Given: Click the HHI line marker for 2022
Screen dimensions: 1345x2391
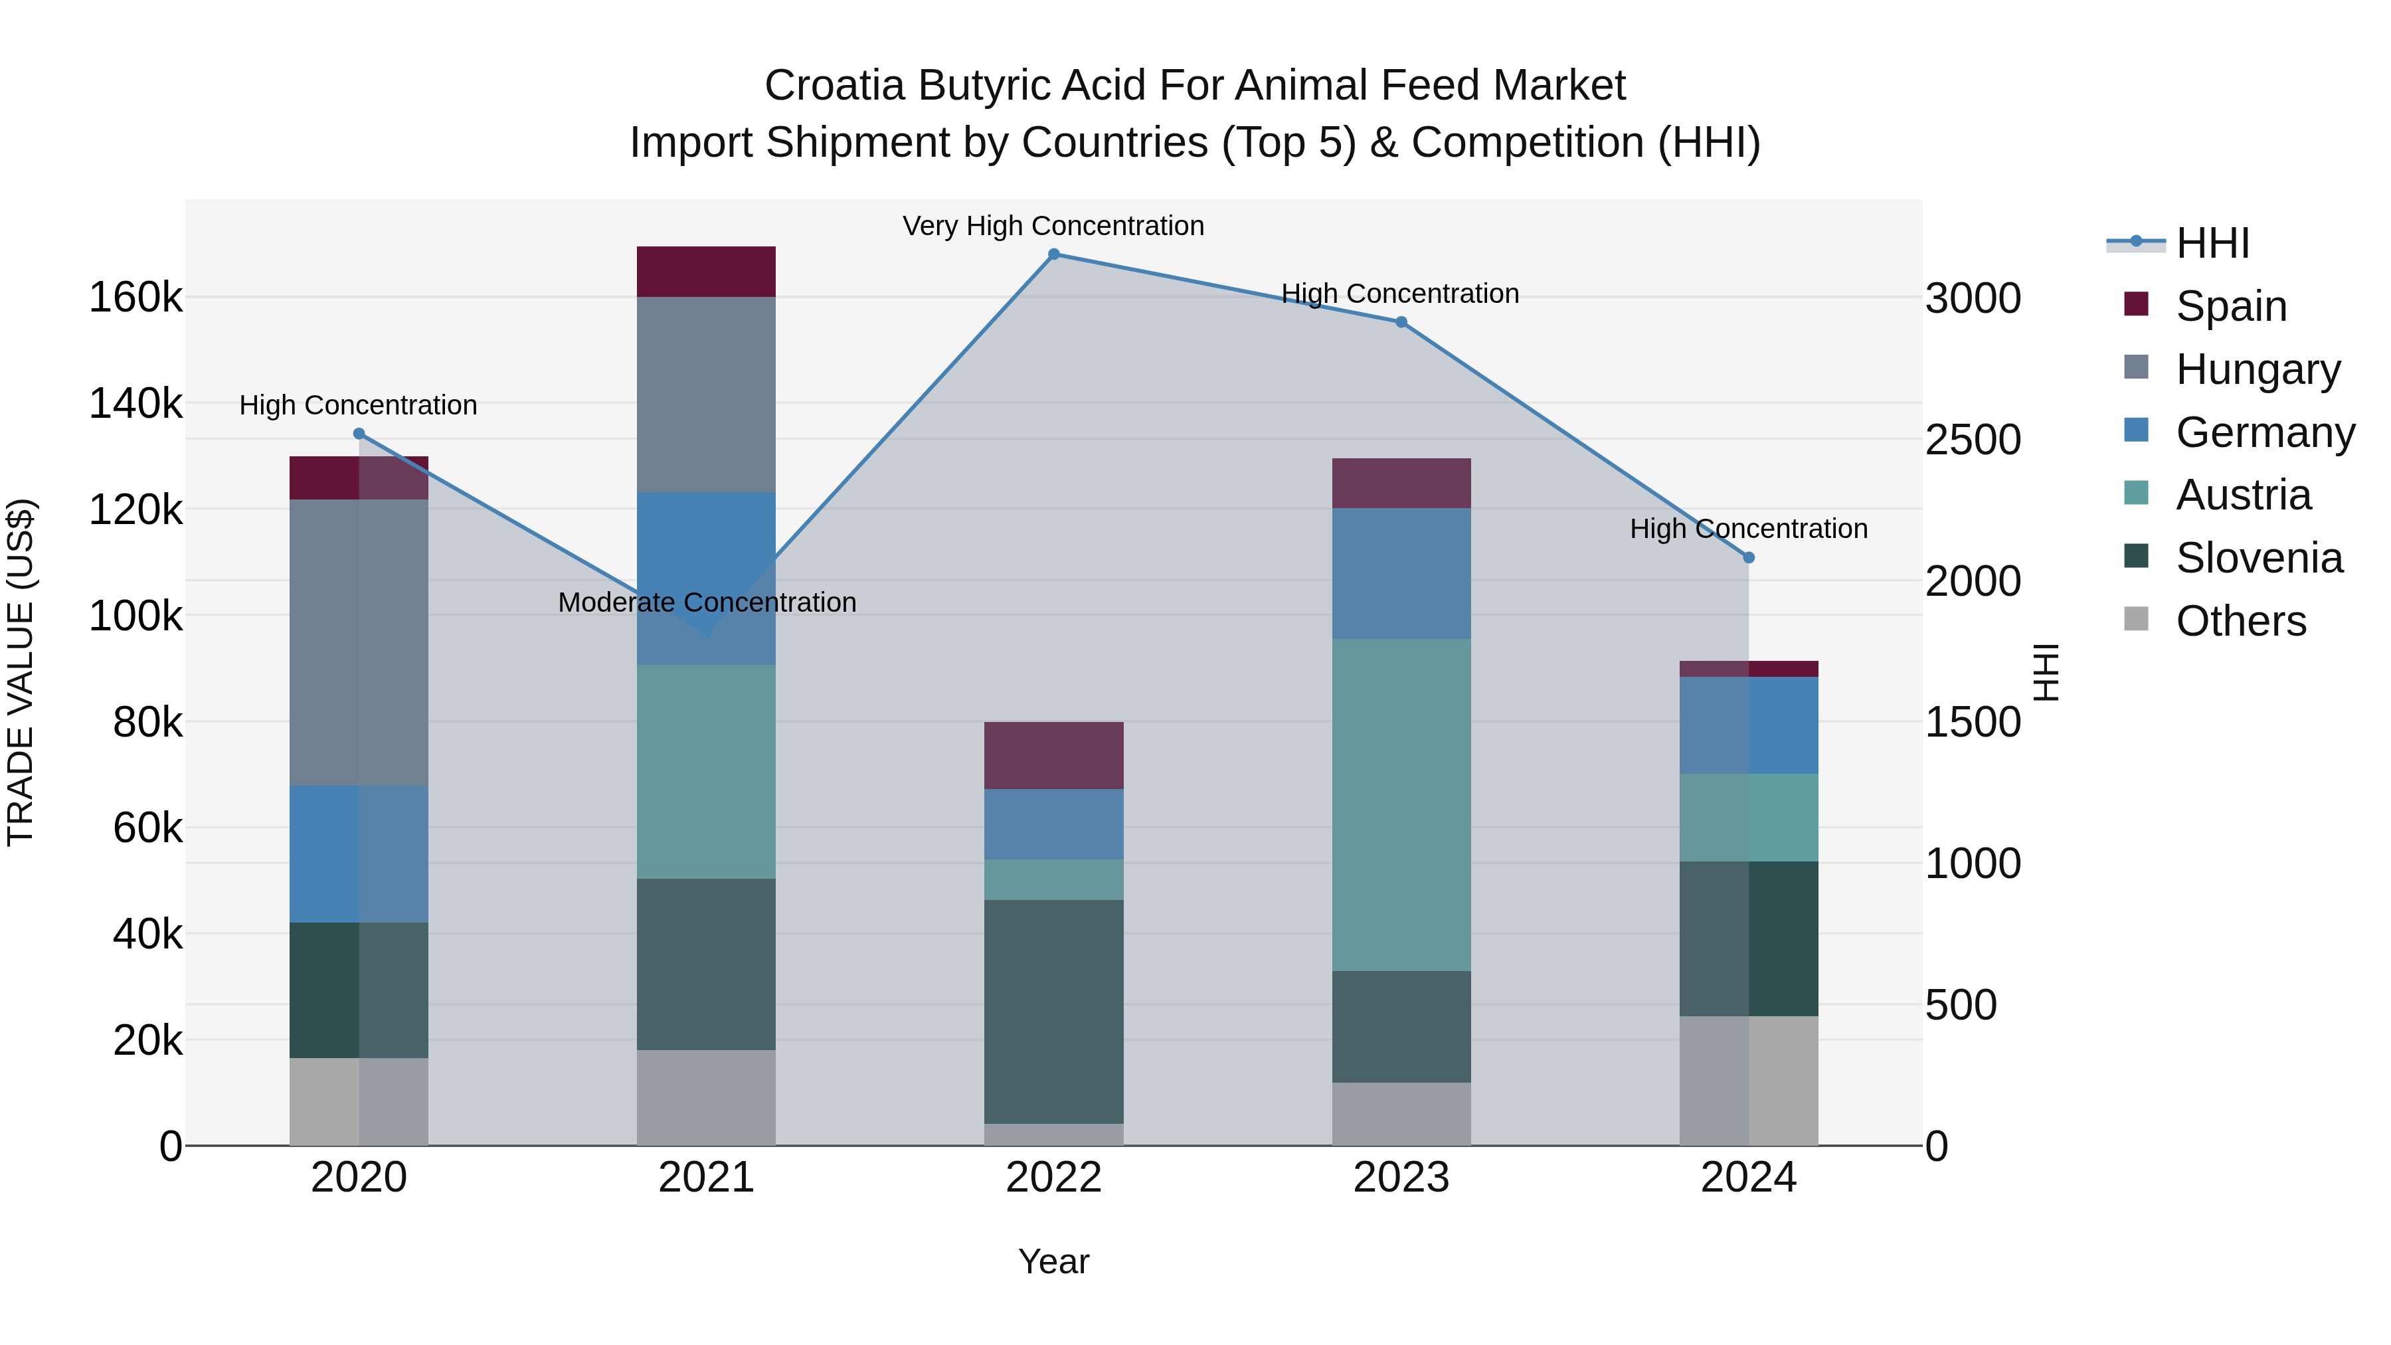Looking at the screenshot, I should (1053, 254).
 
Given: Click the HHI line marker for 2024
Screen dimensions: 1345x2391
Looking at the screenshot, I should (1749, 558).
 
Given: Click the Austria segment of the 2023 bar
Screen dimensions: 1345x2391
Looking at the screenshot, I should (1401, 805).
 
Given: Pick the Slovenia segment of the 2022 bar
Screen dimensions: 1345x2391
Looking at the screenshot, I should (1053, 1012).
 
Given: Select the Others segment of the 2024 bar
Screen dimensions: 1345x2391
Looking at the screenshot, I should (1749, 1081).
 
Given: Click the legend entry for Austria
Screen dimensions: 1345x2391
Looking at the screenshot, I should (2242, 495).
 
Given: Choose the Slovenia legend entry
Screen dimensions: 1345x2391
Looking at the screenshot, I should (2258, 558).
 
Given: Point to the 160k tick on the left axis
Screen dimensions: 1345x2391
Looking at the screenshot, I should (135, 298).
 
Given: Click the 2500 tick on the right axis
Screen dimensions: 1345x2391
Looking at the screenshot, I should (1973, 440).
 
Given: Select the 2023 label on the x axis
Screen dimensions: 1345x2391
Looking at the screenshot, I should (1401, 1178).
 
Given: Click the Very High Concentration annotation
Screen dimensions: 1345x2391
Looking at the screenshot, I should (1053, 226).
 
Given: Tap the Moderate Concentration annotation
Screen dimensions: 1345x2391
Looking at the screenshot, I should (707, 602).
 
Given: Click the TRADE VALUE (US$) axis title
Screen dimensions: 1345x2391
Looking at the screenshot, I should (21, 672).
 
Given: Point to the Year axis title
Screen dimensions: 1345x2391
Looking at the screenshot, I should (1053, 1261).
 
